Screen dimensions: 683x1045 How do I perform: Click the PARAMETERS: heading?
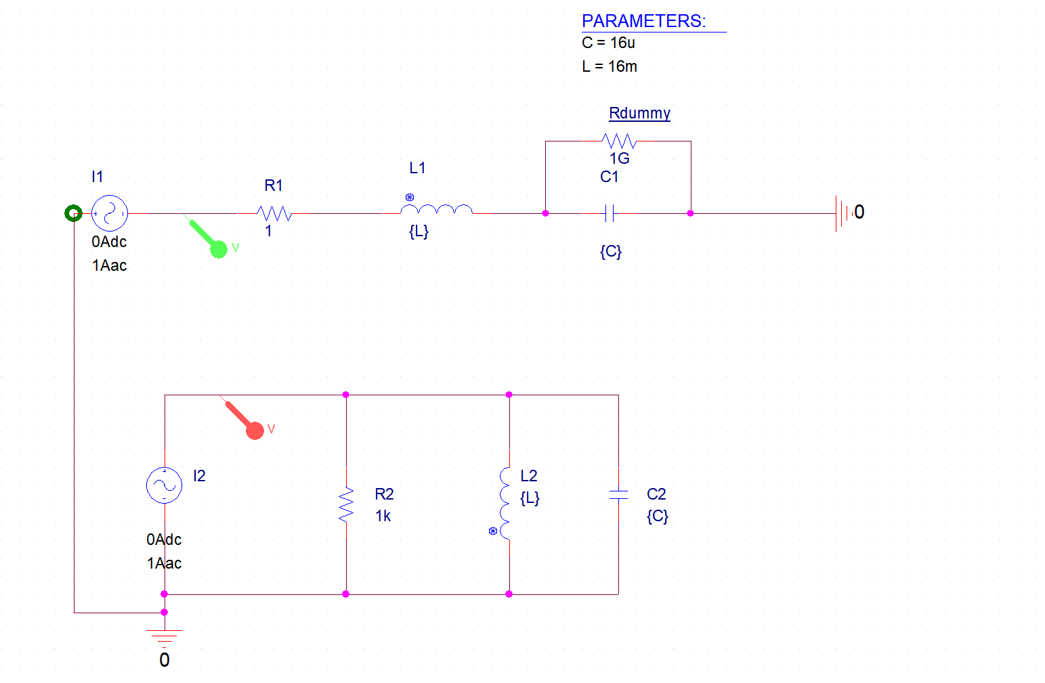(643, 21)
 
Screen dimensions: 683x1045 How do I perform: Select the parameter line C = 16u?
(608, 43)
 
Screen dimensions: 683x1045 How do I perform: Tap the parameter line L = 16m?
(609, 66)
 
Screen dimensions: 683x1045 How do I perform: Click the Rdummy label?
(639, 113)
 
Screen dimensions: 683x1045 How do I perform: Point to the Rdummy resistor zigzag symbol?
(618, 141)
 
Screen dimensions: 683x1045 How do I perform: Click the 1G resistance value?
(619, 158)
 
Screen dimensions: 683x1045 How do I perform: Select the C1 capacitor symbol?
(610, 213)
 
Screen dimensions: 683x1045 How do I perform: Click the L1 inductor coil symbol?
(437, 209)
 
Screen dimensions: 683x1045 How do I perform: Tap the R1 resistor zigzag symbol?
(274, 213)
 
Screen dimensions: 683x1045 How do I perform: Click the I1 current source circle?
(110, 213)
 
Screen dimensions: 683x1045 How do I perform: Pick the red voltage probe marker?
(254, 430)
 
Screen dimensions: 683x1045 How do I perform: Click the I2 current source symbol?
(164, 485)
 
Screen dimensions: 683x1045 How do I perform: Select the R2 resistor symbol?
(346, 504)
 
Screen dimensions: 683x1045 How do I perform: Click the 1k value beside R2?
(383, 516)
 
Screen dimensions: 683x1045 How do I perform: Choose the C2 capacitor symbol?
(618, 495)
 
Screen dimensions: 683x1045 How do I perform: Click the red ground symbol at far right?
(842, 213)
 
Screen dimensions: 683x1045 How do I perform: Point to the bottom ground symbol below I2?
(164, 637)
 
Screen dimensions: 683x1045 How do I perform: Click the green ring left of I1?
(73, 213)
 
